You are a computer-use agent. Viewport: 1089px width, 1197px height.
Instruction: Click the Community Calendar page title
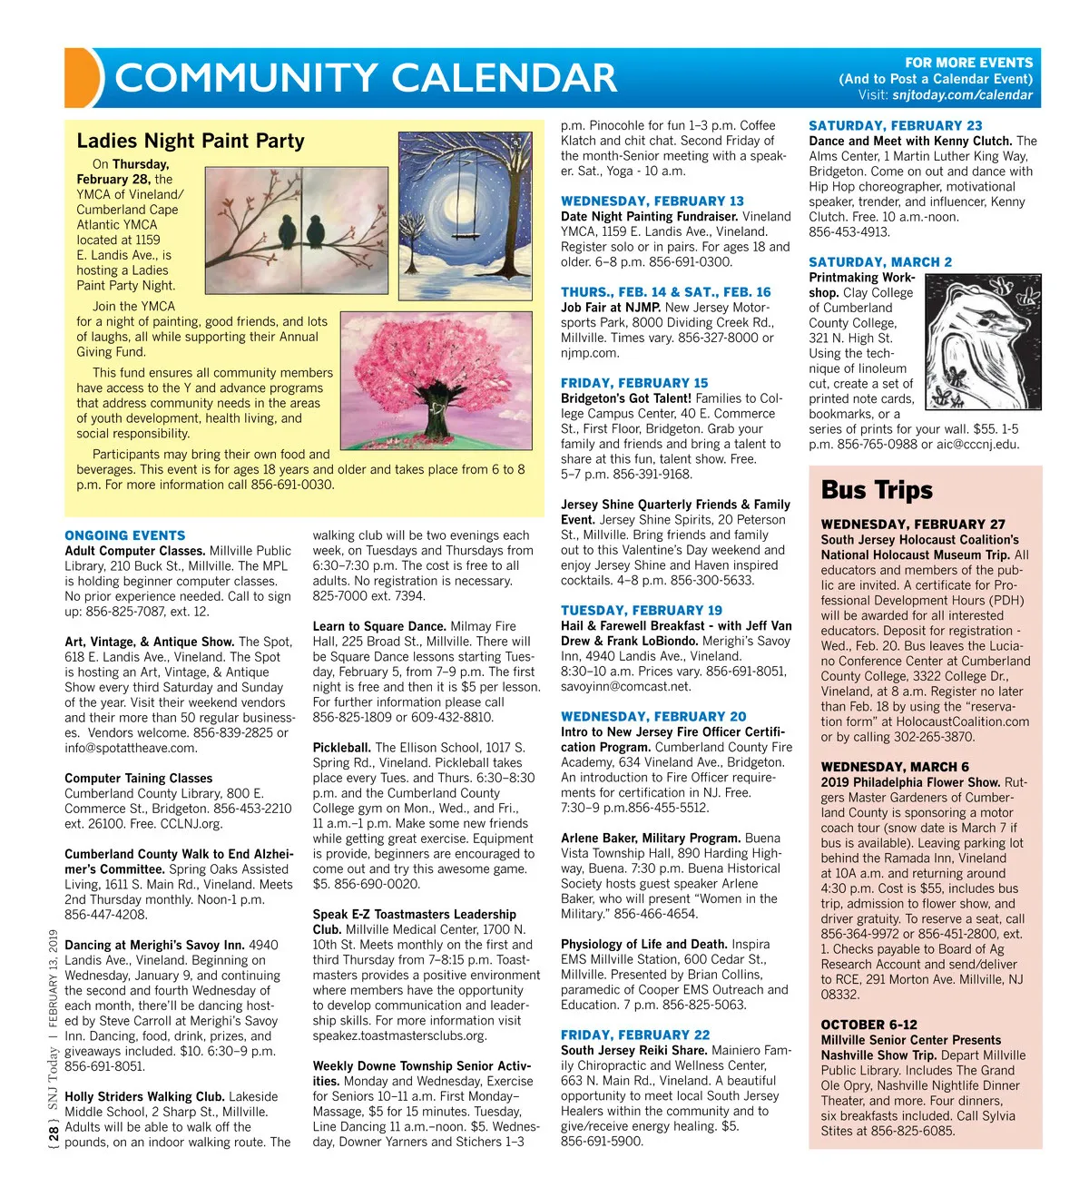(366, 78)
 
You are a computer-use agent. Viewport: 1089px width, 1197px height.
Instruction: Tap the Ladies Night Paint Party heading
(191, 141)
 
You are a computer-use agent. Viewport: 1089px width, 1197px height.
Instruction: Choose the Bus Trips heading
(877, 490)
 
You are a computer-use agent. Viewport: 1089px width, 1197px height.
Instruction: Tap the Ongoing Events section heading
(125, 535)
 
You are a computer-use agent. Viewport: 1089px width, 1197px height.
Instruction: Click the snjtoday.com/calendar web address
(962, 94)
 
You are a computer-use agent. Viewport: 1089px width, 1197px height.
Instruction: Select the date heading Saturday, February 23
(895, 125)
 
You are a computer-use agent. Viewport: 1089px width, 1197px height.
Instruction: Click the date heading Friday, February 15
(634, 383)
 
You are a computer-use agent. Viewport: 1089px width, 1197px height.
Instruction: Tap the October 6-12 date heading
(868, 1025)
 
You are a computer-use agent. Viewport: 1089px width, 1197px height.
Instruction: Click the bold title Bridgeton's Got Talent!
(626, 398)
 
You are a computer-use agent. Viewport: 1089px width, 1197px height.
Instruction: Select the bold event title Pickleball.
(341, 748)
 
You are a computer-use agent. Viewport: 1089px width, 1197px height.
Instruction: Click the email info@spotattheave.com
(131, 748)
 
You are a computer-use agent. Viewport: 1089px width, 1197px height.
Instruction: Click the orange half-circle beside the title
(83, 77)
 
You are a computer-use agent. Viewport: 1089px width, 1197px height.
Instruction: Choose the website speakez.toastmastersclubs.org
(399, 1035)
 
